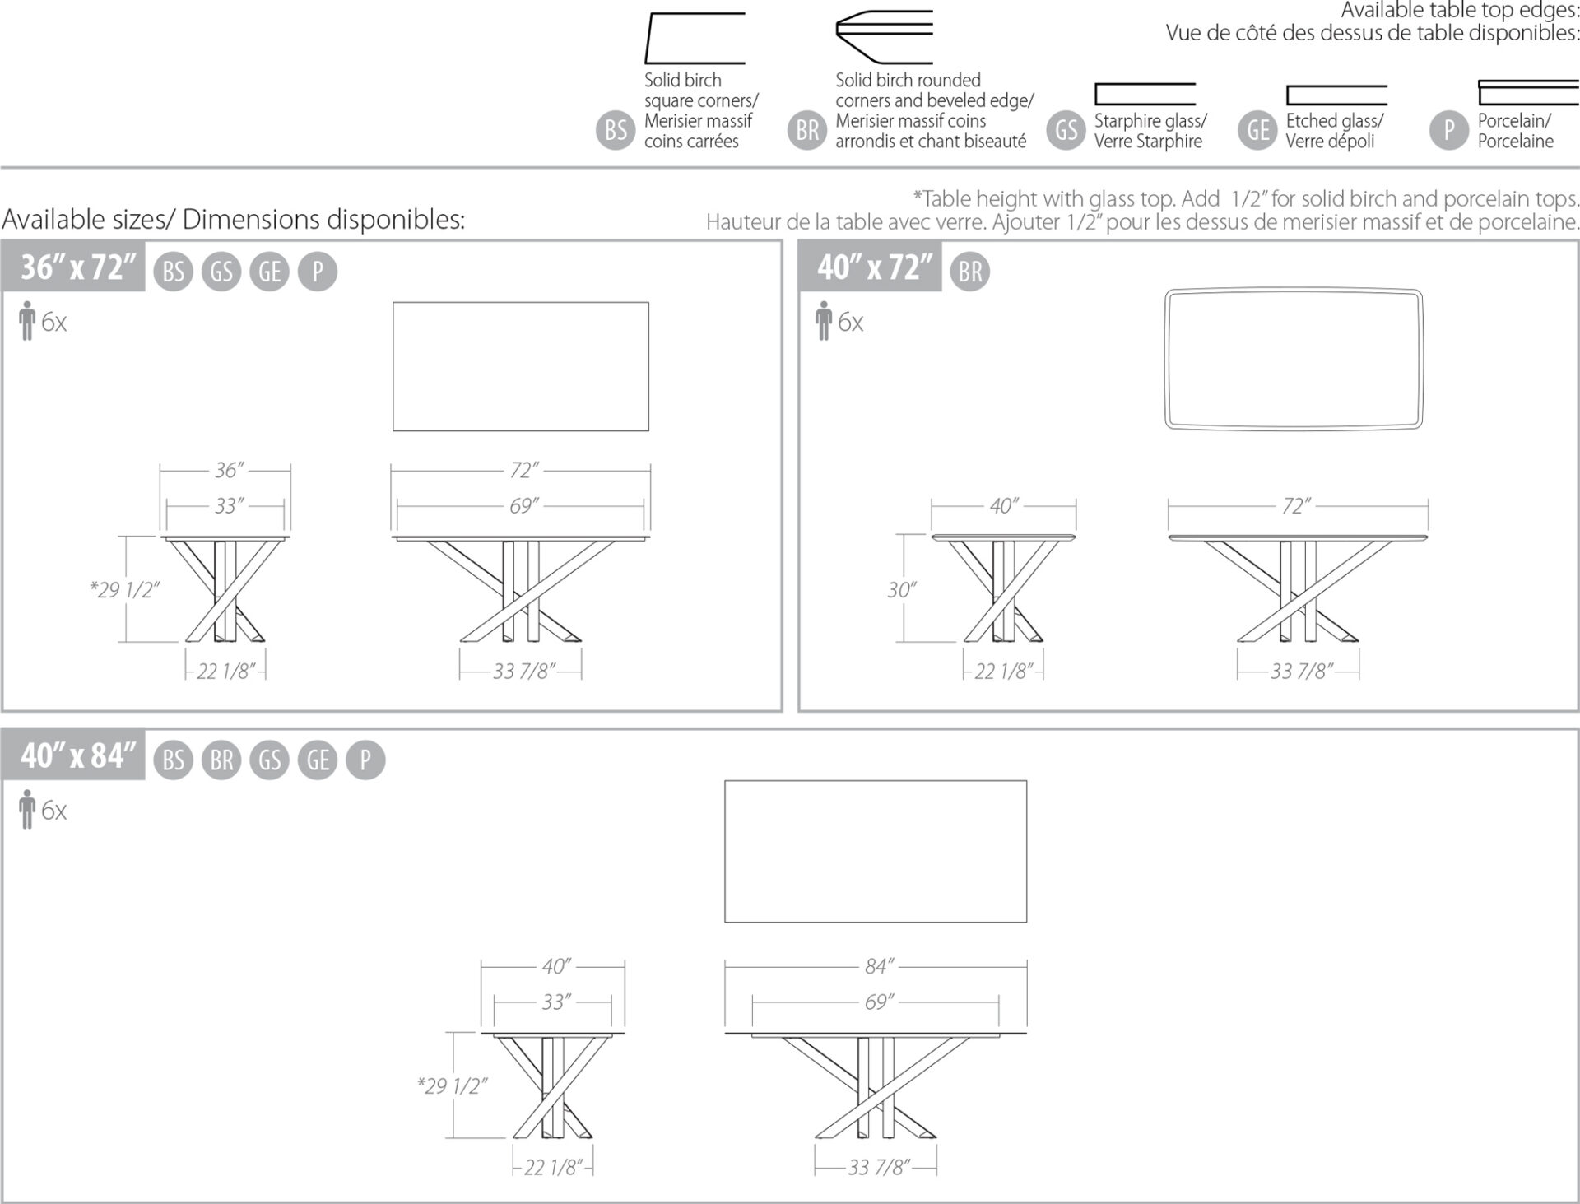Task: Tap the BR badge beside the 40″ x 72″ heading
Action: (970, 272)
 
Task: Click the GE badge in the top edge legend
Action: (1258, 130)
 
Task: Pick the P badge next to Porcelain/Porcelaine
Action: (1449, 130)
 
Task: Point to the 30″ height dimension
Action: (902, 590)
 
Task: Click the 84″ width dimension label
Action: (879, 966)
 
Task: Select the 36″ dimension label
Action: (229, 470)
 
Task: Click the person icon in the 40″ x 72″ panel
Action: (824, 321)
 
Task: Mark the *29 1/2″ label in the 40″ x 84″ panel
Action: (452, 1086)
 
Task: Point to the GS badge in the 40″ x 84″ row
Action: (270, 760)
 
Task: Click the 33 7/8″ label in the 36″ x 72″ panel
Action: (525, 672)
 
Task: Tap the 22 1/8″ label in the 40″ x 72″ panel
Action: (1003, 672)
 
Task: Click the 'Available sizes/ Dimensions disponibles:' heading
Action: (234, 220)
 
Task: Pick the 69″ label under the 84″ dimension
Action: (879, 1002)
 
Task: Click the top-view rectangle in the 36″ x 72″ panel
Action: (521, 303)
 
